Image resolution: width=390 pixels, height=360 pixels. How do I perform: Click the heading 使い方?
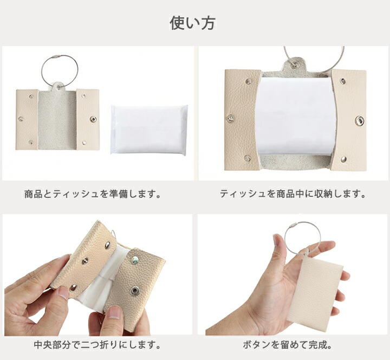pyautogui.click(x=192, y=23)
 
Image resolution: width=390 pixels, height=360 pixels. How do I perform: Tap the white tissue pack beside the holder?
pyautogui.click(x=149, y=130)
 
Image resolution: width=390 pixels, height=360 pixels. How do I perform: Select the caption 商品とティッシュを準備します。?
pyautogui.click(x=93, y=194)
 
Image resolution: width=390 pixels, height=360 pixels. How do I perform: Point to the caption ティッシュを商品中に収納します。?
pyautogui.click(x=293, y=194)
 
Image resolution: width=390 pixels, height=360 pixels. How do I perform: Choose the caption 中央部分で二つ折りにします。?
pyautogui.click(x=97, y=345)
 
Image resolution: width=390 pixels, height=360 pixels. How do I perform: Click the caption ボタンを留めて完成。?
pyautogui.click(x=288, y=345)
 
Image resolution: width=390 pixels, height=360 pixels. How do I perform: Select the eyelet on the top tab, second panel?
pyautogui.click(x=296, y=65)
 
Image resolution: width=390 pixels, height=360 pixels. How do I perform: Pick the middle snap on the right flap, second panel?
pyautogui.click(x=359, y=120)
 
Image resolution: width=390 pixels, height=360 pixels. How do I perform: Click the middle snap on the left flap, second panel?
pyautogui.click(x=231, y=119)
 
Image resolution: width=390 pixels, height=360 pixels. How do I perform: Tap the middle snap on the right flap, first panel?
pyautogui.click(x=93, y=119)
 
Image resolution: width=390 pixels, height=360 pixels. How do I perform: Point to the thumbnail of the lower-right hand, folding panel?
pyautogui.click(x=115, y=312)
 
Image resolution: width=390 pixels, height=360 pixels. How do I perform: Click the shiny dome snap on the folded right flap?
pyautogui.click(x=135, y=260)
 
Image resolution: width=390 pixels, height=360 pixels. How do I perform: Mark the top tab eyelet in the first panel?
pyautogui.click(x=58, y=87)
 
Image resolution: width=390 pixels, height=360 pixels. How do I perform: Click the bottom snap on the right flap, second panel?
pyautogui.click(x=344, y=159)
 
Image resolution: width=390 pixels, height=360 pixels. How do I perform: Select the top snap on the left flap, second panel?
pyautogui.click(x=248, y=81)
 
